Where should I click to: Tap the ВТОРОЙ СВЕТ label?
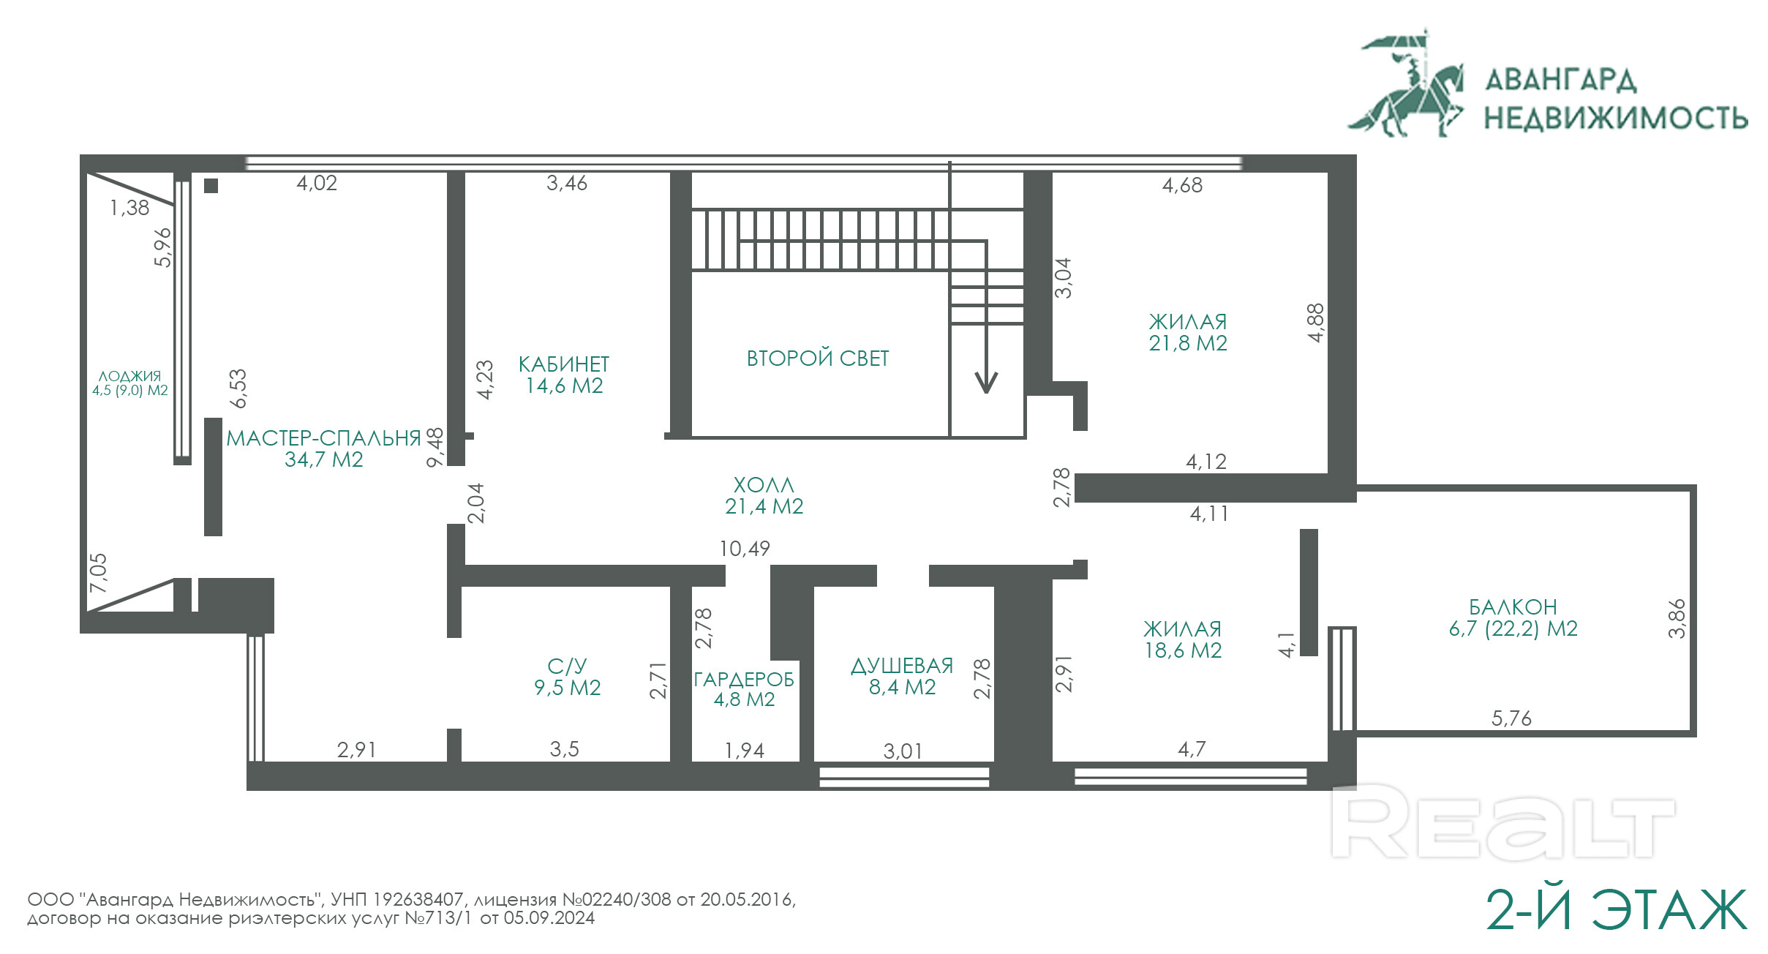(818, 358)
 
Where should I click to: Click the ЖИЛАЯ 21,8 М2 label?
(1188, 332)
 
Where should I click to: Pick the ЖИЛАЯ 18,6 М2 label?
(1183, 639)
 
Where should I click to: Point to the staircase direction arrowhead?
(986, 382)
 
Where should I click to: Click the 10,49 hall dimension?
(745, 549)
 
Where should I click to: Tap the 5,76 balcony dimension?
(1511, 718)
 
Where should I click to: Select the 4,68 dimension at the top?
(1182, 185)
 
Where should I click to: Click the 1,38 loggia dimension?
(129, 208)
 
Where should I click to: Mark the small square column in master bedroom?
(211, 186)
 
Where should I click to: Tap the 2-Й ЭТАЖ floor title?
(1617, 910)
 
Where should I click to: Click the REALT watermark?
(1503, 822)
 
